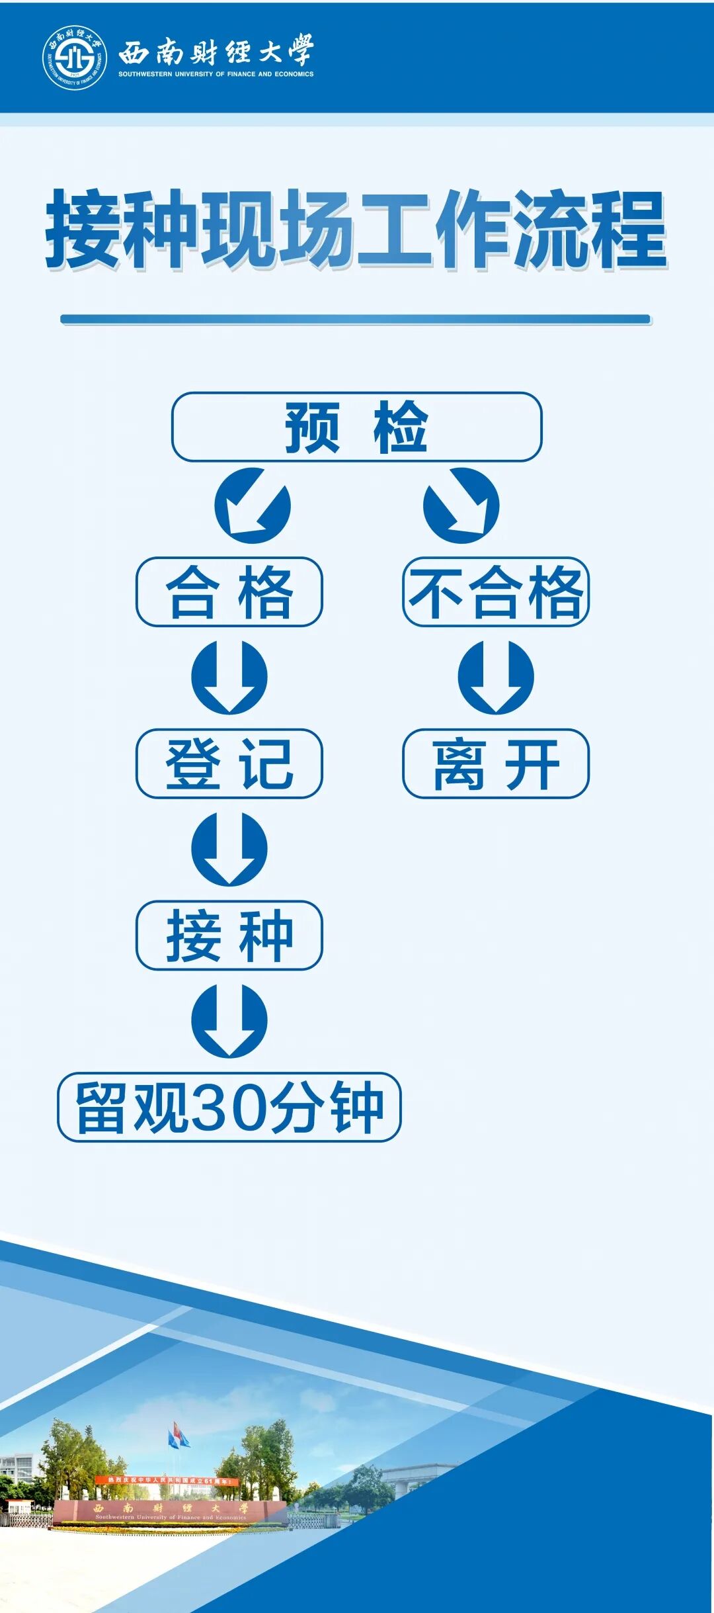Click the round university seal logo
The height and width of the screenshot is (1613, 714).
tap(75, 59)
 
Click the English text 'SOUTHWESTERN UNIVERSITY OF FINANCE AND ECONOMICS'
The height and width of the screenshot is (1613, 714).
tap(216, 74)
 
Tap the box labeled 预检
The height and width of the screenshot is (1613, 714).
tap(356, 427)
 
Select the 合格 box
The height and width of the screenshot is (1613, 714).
tap(229, 591)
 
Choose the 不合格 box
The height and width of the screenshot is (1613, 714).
tap(495, 591)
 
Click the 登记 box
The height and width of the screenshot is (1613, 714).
tap(229, 763)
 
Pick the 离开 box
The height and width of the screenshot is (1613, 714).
tap(495, 763)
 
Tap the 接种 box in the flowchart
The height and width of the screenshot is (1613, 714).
tap(229, 935)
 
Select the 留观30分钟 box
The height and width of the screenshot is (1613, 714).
tap(229, 1107)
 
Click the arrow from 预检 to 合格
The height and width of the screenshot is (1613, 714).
tap(252, 505)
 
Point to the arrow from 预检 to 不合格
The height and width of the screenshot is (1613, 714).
tap(461, 505)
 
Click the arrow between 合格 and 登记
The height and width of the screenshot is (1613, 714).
tap(229, 677)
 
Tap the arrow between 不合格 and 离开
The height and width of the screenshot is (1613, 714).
tap(495, 677)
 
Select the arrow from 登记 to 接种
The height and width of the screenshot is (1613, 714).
tap(229, 849)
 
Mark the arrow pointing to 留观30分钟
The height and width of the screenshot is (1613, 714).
tap(229, 1020)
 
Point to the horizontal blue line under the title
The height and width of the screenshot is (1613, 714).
tap(356, 320)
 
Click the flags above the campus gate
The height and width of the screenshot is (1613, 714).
tap(178, 1435)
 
